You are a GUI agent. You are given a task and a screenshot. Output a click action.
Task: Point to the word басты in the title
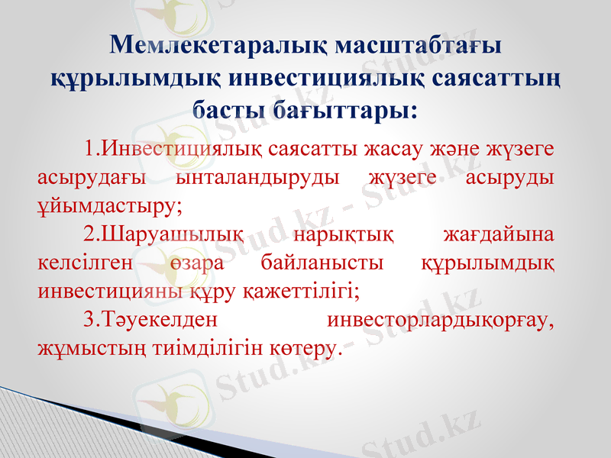pos(224,109)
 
